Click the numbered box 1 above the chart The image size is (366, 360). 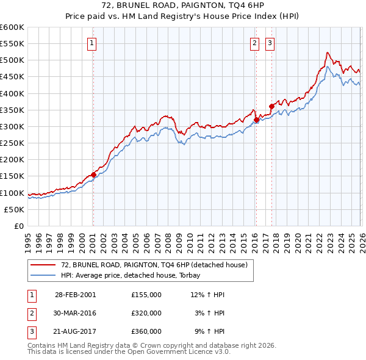(91, 43)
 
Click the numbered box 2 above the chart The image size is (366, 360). (254, 43)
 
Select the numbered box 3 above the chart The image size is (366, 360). (270, 43)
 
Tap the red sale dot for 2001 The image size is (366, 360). (93, 175)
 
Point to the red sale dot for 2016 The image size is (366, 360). (256, 120)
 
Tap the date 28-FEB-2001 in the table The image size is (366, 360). (75, 294)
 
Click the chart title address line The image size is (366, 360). (182, 7)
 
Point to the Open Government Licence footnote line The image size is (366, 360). (129, 352)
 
